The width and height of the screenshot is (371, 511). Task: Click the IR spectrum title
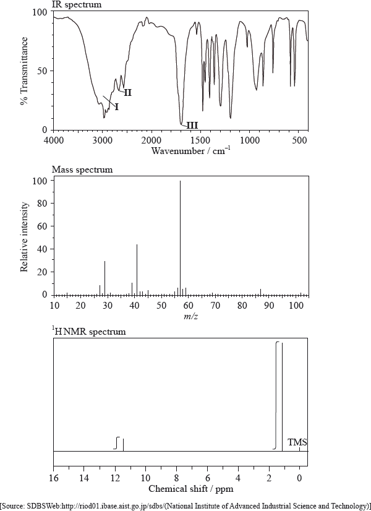(x=77, y=5)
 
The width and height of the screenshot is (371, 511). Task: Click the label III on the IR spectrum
(x=192, y=126)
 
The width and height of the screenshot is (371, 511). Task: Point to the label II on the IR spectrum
(x=127, y=93)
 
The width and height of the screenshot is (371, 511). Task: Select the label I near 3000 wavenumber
(x=116, y=107)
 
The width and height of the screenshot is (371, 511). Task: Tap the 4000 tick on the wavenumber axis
(x=53, y=140)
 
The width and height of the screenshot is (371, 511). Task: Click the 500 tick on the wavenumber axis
(x=299, y=140)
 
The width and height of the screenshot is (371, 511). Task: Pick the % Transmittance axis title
(x=24, y=71)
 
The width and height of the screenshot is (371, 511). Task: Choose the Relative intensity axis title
(x=24, y=237)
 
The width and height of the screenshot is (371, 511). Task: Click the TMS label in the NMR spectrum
(x=297, y=442)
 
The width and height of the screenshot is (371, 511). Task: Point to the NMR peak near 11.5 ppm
(x=123, y=444)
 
